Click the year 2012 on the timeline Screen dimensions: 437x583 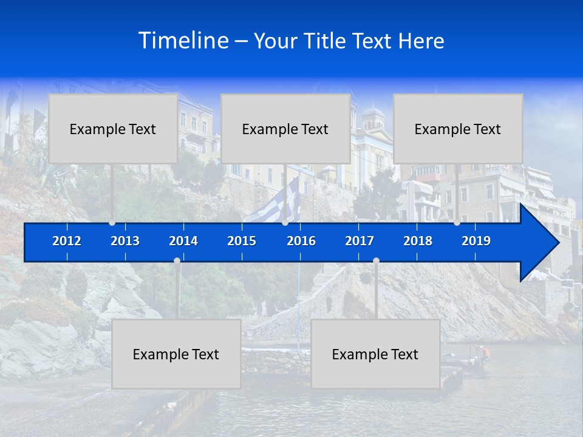click(67, 241)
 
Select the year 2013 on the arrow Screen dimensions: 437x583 click(125, 241)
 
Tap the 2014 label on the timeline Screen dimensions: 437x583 click(183, 241)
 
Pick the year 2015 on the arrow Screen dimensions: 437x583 click(242, 241)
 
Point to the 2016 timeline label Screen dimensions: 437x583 click(301, 241)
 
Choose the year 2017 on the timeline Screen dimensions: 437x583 click(360, 241)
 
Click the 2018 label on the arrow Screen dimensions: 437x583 click(418, 241)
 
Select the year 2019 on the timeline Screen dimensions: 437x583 click(476, 241)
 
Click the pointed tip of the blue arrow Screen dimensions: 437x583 click(557, 243)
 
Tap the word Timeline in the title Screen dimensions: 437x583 click(184, 41)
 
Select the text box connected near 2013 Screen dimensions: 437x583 click(113, 129)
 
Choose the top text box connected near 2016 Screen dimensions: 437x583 click(285, 129)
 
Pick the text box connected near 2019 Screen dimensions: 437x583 click(458, 129)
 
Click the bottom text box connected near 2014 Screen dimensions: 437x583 click(176, 354)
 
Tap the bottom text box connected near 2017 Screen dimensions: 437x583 click(375, 354)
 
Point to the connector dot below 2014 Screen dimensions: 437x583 click(177, 260)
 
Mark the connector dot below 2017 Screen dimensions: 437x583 click(376, 260)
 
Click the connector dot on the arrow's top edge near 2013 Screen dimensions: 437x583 click(112, 223)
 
